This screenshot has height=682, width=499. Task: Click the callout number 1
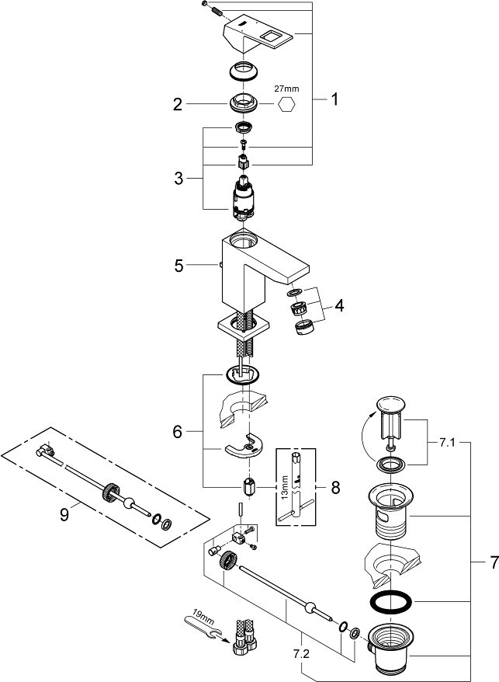(x=334, y=99)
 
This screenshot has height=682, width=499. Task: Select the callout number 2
(x=178, y=104)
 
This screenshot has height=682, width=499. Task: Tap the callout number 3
(x=178, y=179)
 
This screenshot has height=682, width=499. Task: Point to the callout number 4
(x=339, y=305)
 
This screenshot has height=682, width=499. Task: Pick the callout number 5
(x=179, y=266)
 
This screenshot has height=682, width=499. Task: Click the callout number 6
(x=178, y=432)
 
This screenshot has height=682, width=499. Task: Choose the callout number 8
(x=335, y=488)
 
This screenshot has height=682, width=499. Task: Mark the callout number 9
(x=64, y=516)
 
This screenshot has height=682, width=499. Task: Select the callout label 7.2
(x=301, y=654)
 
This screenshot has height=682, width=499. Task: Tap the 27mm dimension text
(x=286, y=89)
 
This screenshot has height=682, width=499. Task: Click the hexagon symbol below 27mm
(x=286, y=104)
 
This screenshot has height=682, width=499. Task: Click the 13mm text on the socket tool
(x=285, y=488)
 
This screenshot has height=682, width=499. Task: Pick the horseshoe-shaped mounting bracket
(x=244, y=446)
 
